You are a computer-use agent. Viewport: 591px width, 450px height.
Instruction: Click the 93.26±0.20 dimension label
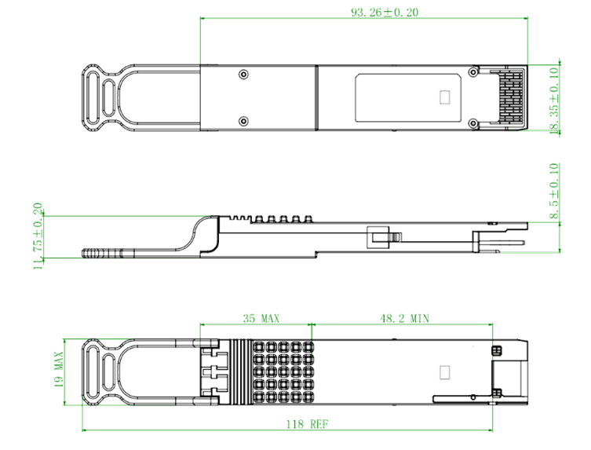(x=385, y=12)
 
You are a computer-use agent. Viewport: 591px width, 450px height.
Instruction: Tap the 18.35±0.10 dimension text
(x=554, y=101)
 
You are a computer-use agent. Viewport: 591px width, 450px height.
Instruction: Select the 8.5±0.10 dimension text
(x=554, y=191)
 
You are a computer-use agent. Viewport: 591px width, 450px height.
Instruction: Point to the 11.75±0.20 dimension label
(x=38, y=236)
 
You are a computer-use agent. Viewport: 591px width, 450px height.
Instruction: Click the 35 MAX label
(x=261, y=318)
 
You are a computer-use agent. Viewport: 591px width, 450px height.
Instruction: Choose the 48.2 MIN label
(x=404, y=318)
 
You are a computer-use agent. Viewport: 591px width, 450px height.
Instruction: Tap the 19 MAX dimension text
(x=58, y=370)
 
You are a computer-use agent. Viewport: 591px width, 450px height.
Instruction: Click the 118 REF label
(x=307, y=424)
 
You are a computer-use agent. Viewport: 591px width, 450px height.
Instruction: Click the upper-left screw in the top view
(x=244, y=75)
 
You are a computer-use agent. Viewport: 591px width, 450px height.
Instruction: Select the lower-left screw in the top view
(x=244, y=121)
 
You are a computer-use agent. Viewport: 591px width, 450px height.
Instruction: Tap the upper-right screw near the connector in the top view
(x=473, y=72)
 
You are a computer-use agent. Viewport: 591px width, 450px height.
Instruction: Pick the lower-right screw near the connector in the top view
(x=473, y=123)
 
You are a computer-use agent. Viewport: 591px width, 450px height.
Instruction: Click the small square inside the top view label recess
(x=445, y=97)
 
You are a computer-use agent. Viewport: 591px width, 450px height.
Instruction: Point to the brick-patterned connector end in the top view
(x=511, y=97)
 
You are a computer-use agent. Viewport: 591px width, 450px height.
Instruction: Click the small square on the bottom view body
(x=445, y=373)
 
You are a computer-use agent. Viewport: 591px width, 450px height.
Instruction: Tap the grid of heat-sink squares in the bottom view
(x=283, y=372)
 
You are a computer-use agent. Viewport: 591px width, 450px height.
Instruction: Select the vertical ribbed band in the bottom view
(x=241, y=372)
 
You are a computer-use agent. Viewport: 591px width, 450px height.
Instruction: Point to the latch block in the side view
(x=378, y=237)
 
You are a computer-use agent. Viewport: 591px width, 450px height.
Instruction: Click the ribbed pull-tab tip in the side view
(x=103, y=253)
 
